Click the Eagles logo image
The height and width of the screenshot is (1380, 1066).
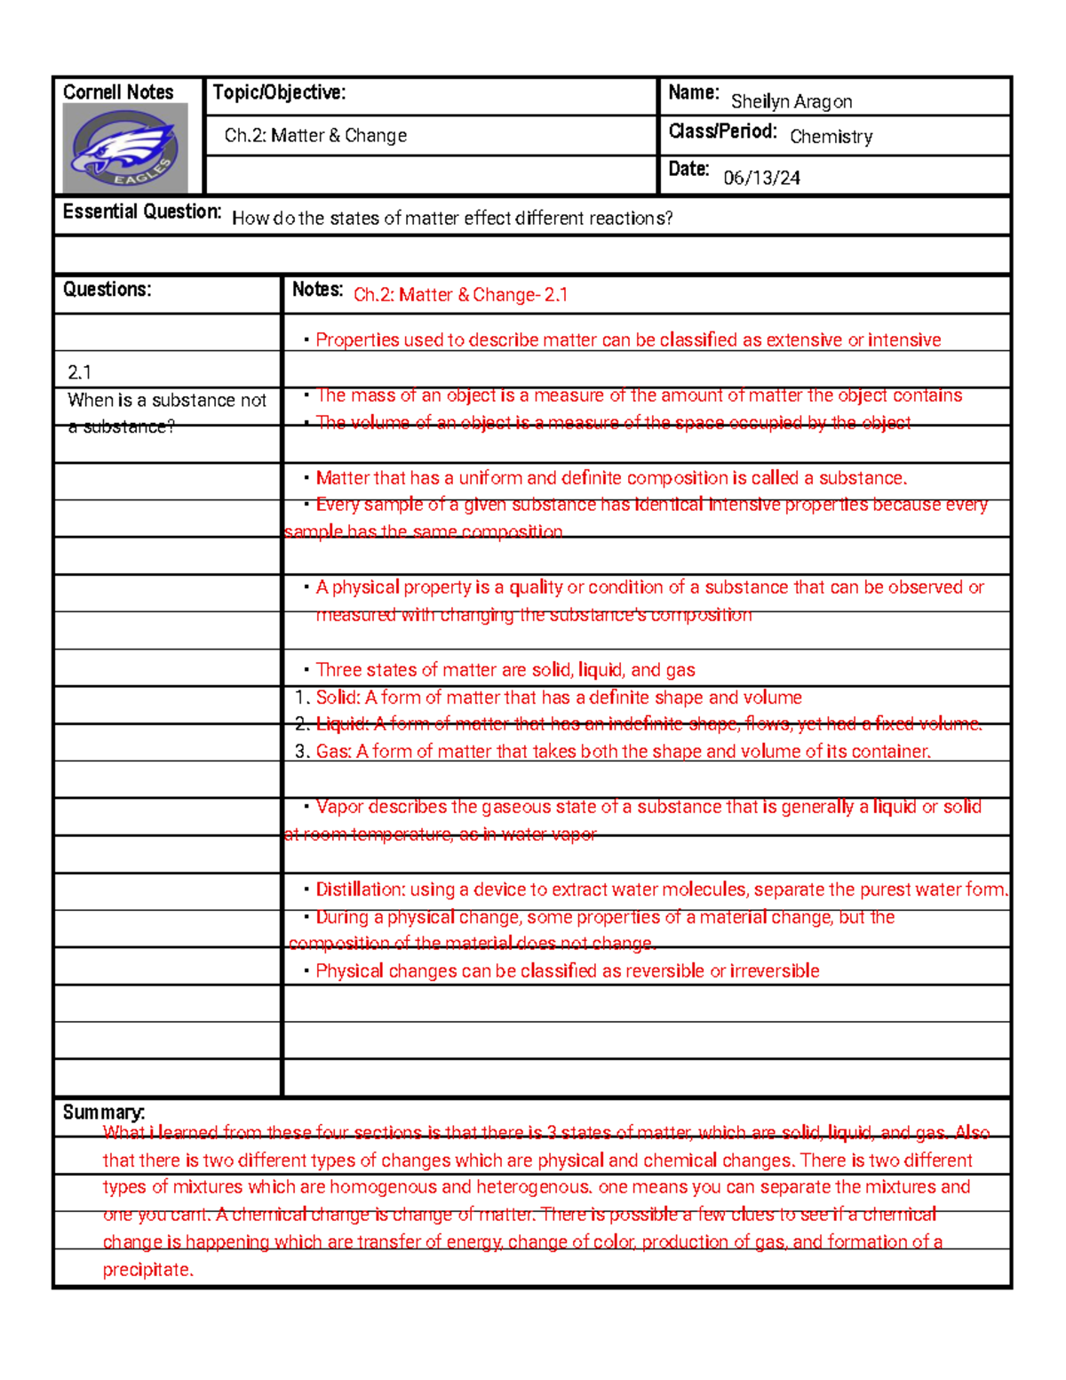click(x=125, y=148)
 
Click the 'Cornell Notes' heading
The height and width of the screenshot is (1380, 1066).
click(x=118, y=92)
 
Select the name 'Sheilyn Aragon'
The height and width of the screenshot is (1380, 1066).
click(x=791, y=101)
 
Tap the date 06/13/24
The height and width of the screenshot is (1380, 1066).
click(x=761, y=178)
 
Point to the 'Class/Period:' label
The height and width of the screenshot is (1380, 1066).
click(x=722, y=132)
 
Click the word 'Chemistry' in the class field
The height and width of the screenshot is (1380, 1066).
click(x=831, y=137)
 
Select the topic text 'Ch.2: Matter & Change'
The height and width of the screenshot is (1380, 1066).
click(x=315, y=135)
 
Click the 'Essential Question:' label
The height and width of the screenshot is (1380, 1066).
click(x=141, y=211)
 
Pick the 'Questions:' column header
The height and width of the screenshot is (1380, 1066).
click(x=107, y=290)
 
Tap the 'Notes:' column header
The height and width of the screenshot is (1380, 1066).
click(x=317, y=290)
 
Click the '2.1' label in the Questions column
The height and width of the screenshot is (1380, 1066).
click(x=79, y=372)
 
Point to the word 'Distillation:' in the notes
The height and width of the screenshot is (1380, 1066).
click(x=360, y=889)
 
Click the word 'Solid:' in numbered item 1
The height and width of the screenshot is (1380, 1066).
click(x=338, y=698)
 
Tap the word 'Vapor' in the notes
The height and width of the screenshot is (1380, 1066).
click(x=339, y=807)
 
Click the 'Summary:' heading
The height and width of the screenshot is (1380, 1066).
click(x=103, y=1113)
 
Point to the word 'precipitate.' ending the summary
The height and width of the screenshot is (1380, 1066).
click(x=147, y=1270)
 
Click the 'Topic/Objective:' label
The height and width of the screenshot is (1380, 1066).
click(x=279, y=92)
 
